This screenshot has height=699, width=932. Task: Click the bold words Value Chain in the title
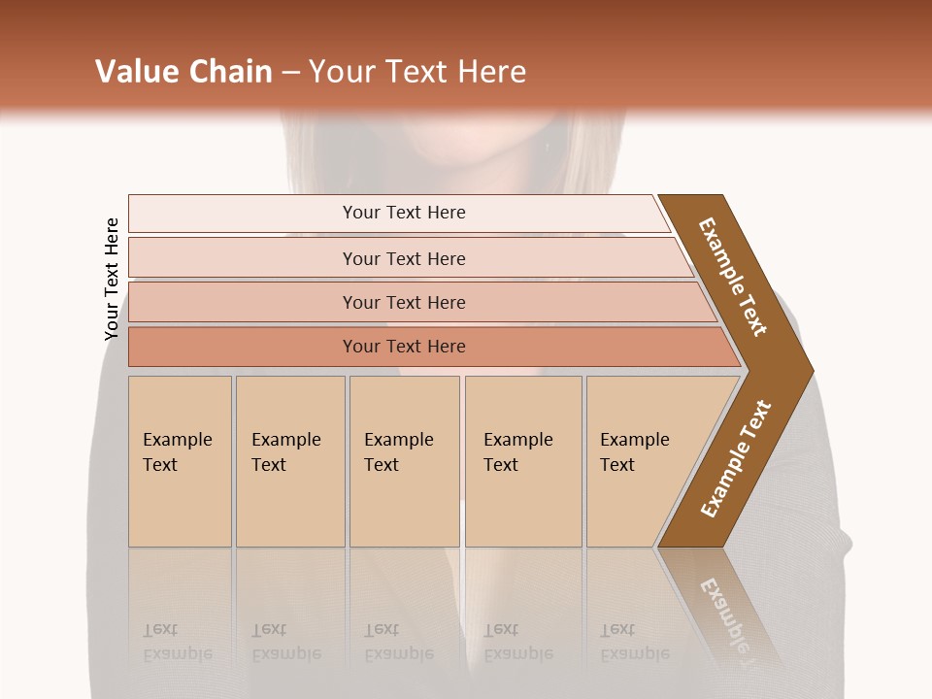(x=183, y=72)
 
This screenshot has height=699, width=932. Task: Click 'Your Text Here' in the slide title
(x=417, y=72)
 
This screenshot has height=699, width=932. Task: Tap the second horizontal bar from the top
(x=404, y=258)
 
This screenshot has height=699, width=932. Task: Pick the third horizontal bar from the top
(x=404, y=302)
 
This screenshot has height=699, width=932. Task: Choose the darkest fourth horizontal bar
(x=404, y=347)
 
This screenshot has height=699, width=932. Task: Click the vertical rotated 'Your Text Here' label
(x=112, y=279)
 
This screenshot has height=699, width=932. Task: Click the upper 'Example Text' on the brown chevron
(x=733, y=277)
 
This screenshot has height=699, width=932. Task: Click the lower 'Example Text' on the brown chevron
(x=736, y=458)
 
